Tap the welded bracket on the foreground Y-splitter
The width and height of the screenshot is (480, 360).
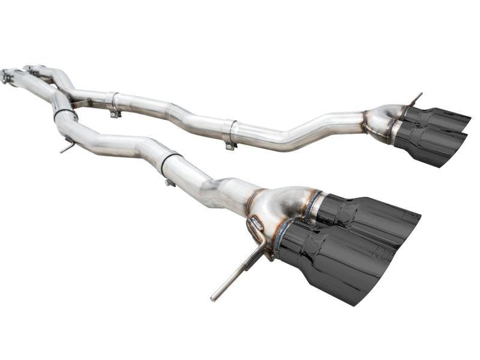(255, 226)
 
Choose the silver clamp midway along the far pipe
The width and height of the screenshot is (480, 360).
(229, 133)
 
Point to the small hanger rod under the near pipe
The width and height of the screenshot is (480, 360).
(68, 146)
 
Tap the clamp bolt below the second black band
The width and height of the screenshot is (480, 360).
(170, 182)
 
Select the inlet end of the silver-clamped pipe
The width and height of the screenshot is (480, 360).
(30, 68)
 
